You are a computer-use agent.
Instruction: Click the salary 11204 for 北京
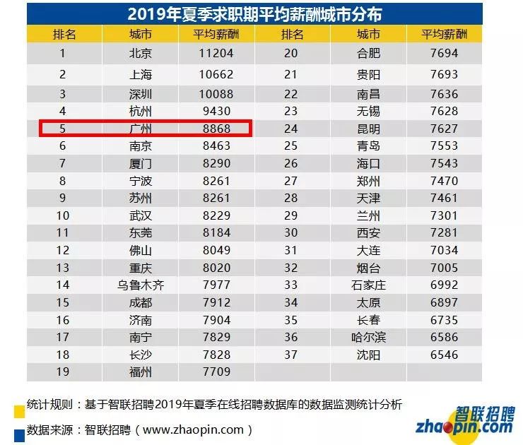click(216, 54)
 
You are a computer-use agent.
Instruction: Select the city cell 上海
click(141, 74)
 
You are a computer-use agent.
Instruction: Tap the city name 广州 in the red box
click(141, 129)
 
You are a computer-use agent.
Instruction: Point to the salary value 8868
click(216, 129)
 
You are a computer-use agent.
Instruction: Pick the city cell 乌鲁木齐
click(141, 285)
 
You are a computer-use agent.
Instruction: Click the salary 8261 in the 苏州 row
click(216, 198)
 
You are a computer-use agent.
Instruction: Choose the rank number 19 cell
click(63, 372)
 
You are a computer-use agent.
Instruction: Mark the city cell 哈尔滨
click(368, 338)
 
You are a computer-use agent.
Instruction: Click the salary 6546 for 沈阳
click(444, 355)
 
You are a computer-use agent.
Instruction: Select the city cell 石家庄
click(368, 285)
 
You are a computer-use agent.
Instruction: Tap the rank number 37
click(291, 355)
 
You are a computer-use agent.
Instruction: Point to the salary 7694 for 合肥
click(444, 54)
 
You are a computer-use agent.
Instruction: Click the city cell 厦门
click(141, 164)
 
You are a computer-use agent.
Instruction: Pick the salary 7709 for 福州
click(216, 372)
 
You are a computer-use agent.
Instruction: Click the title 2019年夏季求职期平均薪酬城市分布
click(254, 14)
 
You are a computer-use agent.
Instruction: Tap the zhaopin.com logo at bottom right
click(465, 422)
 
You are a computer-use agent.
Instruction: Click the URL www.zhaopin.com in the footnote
click(193, 430)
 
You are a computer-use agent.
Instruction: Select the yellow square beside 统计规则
click(19, 411)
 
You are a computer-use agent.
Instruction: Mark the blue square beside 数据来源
click(19, 436)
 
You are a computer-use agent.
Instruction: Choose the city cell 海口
click(368, 164)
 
